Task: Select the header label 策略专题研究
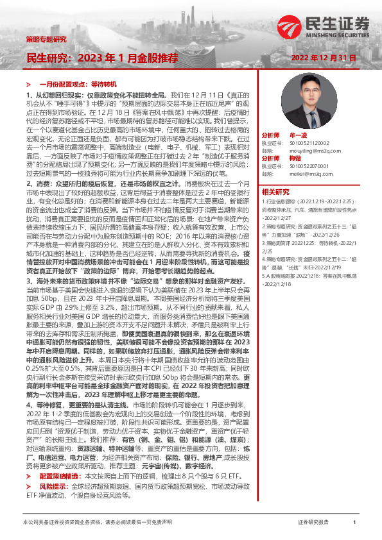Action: tap(46, 39)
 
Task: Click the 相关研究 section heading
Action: tap(275, 191)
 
